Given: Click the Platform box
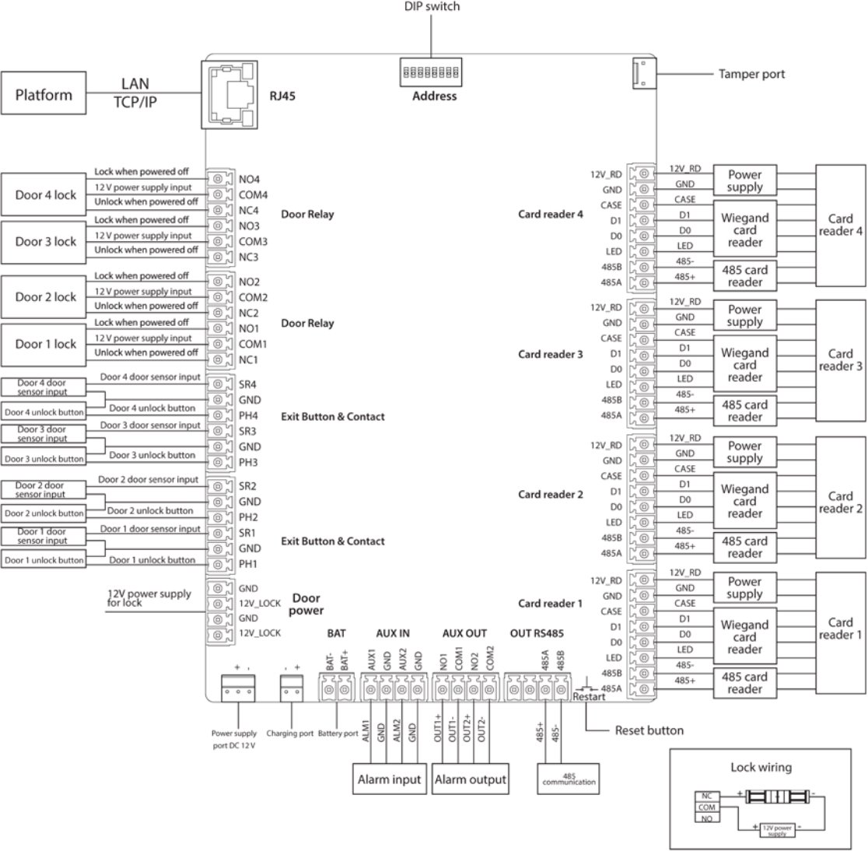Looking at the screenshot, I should [44, 95].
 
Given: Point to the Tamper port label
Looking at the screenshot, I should [751, 75].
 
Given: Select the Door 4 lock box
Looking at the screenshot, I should [46, 194].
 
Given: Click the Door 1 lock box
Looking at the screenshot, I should [46, 344].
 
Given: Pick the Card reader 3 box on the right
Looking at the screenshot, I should [840, 359].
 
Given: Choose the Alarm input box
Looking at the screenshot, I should [389, 779].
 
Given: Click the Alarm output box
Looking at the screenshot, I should [470, 779].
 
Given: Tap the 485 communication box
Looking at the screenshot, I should [569, 779].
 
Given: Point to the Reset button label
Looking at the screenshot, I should [649, 730].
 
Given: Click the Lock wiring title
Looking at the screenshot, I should [761, 767].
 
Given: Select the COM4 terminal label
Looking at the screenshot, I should [253, 195].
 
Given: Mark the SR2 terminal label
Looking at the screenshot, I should [247, 486].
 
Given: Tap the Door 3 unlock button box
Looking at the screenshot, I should [44, 459].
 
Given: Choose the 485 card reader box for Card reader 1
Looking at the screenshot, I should [744, 683].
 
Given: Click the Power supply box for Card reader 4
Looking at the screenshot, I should [744, 181].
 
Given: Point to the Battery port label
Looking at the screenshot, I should [338, 734].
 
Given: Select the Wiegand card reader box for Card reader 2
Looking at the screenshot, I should [744, 502].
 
